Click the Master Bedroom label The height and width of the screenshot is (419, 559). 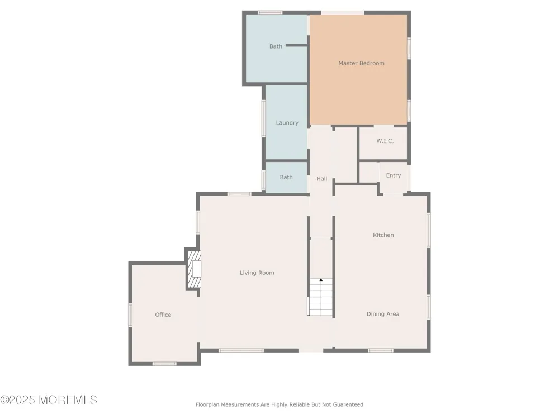pyautogui.click(x=361, y=64)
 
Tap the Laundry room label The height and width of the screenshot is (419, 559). pyautogui.click(x=287, y=123)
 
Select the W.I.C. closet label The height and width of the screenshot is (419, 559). pyautogui.click(x=385, y=141)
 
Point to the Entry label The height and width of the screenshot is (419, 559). pyautogui.click(x=393, y=175)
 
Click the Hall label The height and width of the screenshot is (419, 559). pyautogui.click(x=321, y=179)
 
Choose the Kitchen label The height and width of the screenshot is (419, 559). pyautogui.click(x=383, y=235)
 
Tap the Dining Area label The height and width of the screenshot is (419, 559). pyautogui.click(x=383, y=314)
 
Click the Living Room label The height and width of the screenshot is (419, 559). pyautogui.click(x=257, y=273)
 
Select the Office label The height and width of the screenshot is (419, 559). pyautogui.click(x=163, y=315)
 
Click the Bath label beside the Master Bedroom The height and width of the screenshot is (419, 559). pyautogui.click(x=276, y=46)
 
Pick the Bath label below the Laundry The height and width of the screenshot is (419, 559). pyautogui.click(x=286, y=177)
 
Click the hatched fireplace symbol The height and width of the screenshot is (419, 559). pyautogui.click(x=195, y=269)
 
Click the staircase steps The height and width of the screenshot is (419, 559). pyautogui.click(x=320, y=297)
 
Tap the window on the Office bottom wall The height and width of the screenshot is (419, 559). pyautogui.click(x=164, y=364)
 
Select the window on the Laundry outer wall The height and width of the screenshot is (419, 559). pyautogui.click(x=264, y=118)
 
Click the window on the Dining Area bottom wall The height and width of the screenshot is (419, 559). pyautogui.click(x=380, y=351)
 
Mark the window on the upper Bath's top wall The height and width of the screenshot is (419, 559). pyautogui.click(x=270, y=12)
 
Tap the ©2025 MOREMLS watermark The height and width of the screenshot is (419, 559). pyautogui.click(x=49, y=400)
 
